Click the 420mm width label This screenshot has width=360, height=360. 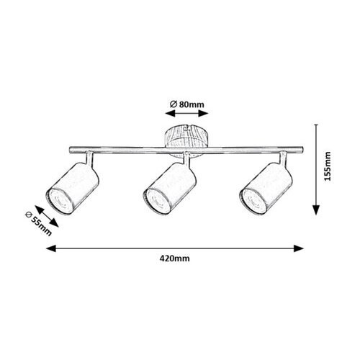(175, 258)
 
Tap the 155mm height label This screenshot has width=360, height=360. (328, 166)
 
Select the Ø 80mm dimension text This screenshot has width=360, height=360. (187, 104)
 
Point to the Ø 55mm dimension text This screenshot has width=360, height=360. (38, 224)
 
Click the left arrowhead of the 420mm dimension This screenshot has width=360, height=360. (50, 248)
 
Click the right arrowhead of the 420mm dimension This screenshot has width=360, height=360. (299, 248)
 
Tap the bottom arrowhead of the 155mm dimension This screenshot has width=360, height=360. (317, 210)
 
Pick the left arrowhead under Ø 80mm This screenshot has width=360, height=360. (170, 114)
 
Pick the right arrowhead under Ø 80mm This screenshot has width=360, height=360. (203, 114)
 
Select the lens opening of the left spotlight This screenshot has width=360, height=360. (59, 201)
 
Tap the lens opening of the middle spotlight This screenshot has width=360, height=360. (157, 201)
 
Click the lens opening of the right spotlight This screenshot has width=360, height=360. (253, 201)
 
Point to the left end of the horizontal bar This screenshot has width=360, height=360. (70, 150)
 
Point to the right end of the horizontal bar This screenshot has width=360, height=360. (302, 150)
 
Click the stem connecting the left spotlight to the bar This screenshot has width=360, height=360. (89, 158)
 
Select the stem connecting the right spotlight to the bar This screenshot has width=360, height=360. (283, 158)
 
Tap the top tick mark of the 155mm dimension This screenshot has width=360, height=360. (317, 125)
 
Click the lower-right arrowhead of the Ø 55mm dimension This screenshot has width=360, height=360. (54, 223)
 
